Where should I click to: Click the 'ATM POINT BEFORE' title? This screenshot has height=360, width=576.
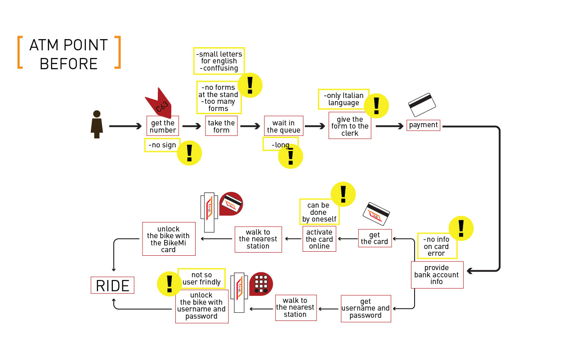[x=69, y=54]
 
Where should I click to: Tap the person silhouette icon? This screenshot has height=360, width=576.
[x=97, y=124]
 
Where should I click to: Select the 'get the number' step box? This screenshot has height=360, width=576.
[x=163, y=126]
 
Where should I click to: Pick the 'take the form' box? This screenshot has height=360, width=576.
[x=221, y=126]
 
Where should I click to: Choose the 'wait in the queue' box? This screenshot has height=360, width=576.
[x=284, y=126]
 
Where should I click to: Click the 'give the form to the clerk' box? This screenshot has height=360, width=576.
[x=350, y=126]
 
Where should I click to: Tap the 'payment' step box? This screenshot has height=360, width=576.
[x=423, y=125]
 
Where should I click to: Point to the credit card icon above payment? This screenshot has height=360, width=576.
[x=422, y=105]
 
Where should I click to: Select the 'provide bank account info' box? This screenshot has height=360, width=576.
[x=437, y=275]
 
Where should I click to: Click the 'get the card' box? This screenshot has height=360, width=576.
[x=375, y=238]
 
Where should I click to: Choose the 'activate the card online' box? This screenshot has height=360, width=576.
[x=319, y=239]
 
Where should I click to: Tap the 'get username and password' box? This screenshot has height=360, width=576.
[x=366, y=308]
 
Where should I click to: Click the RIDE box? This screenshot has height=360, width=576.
[x=112, y=285]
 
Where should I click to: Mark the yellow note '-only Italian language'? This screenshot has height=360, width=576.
[x=343, y=99]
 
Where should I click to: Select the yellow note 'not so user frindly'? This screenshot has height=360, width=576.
[x=201, y=278]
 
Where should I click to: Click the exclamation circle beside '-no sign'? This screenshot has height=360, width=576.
[x=189, y=153]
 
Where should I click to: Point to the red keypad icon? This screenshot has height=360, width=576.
[x=261, y=284]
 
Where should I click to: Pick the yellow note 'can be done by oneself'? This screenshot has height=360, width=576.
[x=318, y=212]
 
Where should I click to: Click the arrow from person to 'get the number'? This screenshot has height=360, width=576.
[x=125, y=126]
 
